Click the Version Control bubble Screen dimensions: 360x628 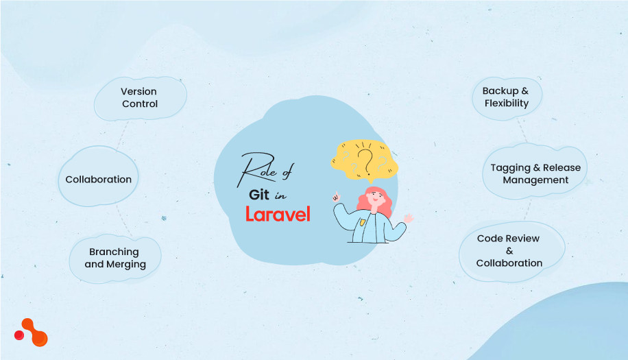(x=140, y=97)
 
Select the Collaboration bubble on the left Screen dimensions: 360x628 (x=98, y=180)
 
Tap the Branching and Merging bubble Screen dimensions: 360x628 (x=115, y=258)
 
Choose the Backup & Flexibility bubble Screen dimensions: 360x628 (x=507, y=97)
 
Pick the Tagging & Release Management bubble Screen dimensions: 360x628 (x=535, y=173)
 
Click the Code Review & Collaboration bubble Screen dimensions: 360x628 (x=509, y=251)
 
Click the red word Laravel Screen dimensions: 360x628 (x=278, y=213)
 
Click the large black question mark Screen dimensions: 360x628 (x=367, y=162)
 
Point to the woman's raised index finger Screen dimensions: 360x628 (x=336, y=195)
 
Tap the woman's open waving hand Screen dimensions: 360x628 (x=409, y=219)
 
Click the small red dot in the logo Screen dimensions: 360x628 (x=19, y=335)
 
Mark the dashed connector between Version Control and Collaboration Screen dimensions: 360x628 (x=122, y=136)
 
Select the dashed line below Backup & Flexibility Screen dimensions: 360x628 (x=522, y=129)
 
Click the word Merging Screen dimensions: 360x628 (x=126, y=265)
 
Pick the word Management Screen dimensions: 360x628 (x=535, y=180)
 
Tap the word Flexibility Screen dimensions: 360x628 (x=507, y=104)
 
